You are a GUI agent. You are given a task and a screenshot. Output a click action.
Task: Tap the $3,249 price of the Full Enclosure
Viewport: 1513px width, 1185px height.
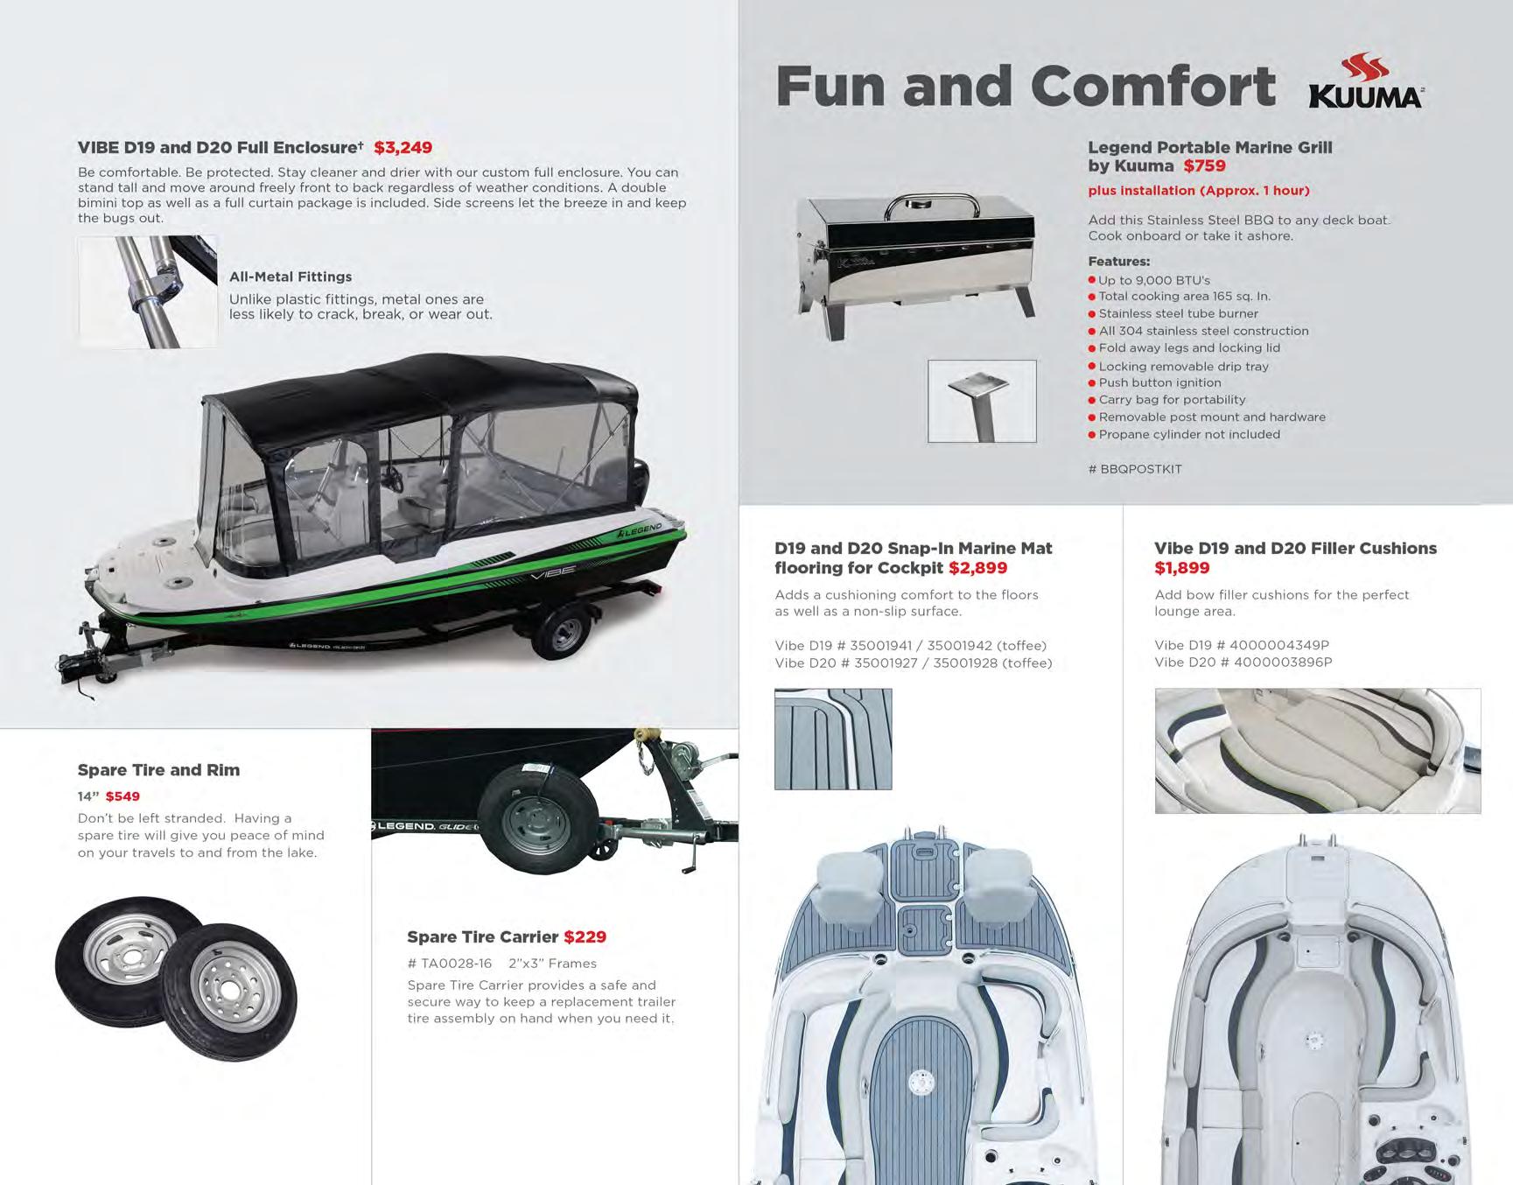point(403,148)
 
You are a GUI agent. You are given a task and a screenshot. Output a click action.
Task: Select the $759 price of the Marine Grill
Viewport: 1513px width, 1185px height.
point(1204,166)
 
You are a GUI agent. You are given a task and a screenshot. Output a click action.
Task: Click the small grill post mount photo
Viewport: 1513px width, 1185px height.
point(982,401)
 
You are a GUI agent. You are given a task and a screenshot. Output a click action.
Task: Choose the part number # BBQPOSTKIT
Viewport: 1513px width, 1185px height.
point(1135,469)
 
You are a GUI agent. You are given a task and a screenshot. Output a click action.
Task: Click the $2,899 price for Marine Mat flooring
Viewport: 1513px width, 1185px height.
point(977,568)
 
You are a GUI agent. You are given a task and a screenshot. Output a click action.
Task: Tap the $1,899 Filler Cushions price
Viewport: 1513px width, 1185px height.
point(1181,568)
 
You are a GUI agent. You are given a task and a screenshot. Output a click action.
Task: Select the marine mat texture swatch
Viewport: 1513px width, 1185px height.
point(833,739)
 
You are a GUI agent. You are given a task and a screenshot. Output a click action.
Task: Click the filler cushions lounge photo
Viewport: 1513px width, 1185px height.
point(1317,750)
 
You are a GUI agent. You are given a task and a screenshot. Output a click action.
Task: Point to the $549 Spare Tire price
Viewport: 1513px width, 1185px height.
point(123,796)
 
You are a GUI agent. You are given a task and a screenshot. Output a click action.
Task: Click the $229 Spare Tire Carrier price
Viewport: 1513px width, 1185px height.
point(585,937)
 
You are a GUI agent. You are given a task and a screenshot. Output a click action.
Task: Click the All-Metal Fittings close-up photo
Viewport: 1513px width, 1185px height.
point(148,291)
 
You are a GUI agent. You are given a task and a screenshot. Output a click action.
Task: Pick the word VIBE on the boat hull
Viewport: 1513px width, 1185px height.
point(553,571)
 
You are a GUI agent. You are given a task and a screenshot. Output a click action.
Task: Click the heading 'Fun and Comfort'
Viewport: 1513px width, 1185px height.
point(1025,86)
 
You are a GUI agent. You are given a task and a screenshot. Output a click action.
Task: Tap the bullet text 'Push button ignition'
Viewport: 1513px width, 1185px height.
point(1159,382)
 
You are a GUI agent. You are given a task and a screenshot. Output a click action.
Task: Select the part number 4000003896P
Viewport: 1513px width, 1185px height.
point(1282,663)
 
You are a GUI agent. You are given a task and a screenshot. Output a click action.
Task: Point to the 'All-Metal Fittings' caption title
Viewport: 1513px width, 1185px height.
point(291,277)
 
